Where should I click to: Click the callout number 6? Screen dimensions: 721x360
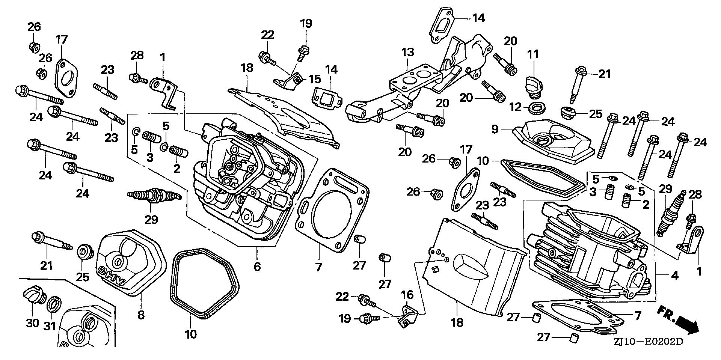click(x=257, y=267)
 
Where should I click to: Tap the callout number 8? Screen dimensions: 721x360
click(x=141, y=315)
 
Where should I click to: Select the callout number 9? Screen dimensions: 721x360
click(x=495, y=129)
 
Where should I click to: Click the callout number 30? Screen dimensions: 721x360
click(x=32, y=323)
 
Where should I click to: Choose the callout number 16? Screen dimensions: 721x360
click(x=407, y=295)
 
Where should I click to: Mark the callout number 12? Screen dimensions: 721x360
click(x=516, y=107)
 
